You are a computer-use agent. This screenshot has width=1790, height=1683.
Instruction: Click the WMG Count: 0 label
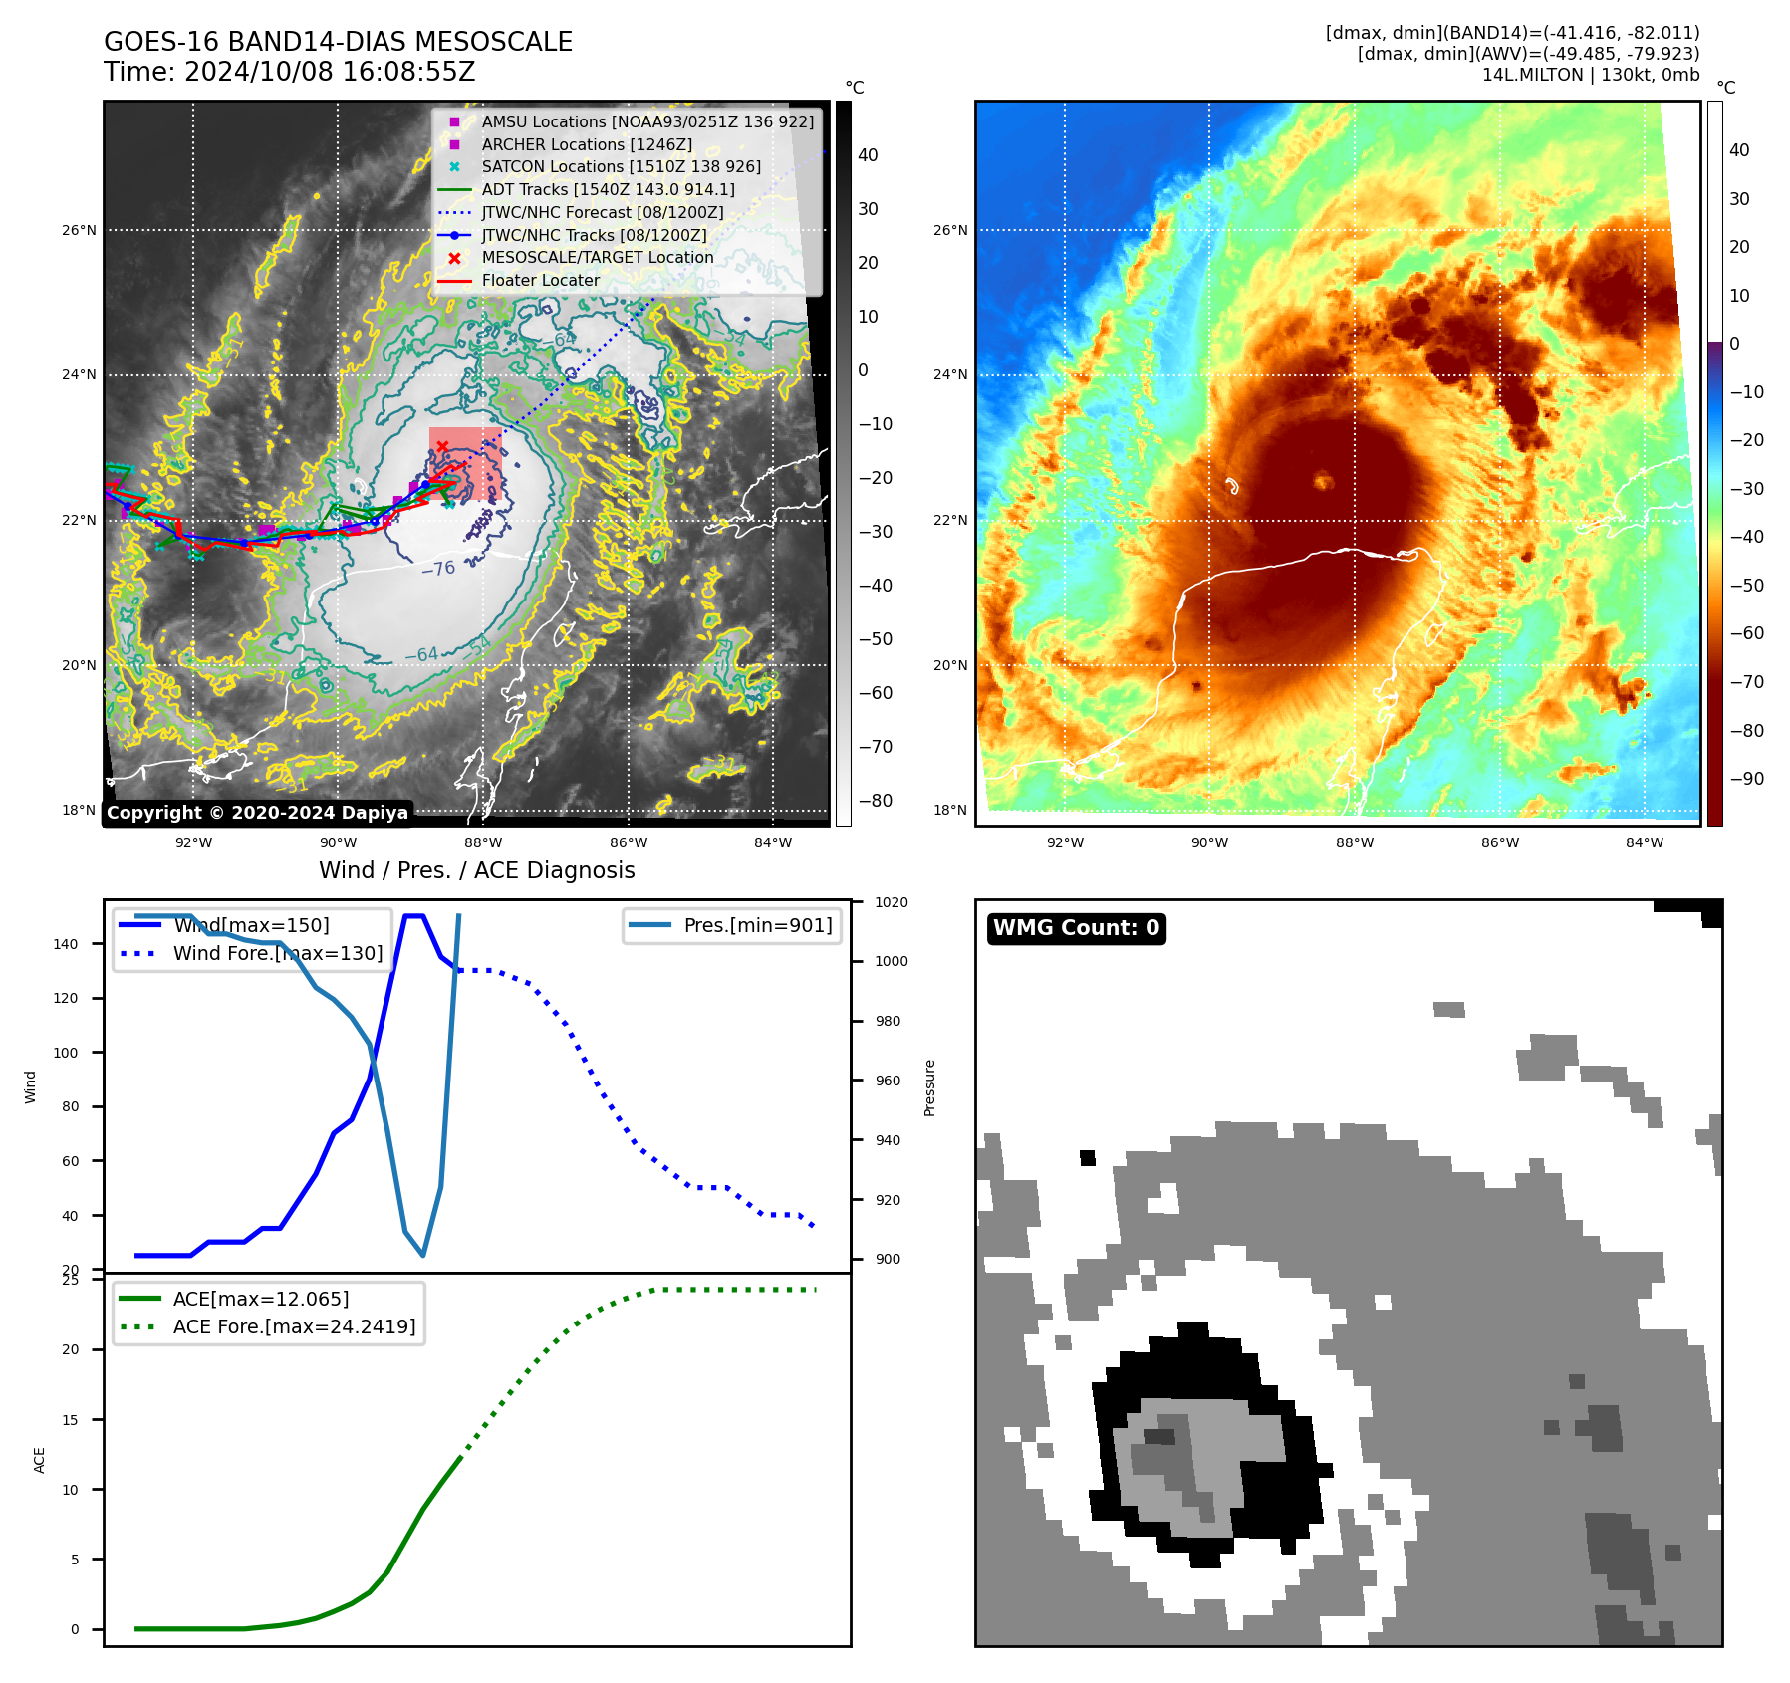(1076, 928)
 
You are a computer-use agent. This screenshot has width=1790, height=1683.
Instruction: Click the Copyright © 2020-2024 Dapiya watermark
(257, 813)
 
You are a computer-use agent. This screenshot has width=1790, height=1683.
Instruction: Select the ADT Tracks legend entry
(608, 189)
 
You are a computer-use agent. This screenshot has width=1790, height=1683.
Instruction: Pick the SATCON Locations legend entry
(621, 166)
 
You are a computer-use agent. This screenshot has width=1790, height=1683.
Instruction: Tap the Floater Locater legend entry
(540, 281)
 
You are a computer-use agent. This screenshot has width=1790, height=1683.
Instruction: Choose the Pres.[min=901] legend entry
(757, 925)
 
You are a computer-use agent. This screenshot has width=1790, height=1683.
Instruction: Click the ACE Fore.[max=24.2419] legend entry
(294, 1326)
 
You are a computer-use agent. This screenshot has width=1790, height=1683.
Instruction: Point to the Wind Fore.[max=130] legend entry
(277, 953)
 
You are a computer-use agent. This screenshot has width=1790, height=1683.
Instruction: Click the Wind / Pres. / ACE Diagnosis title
(476, 870)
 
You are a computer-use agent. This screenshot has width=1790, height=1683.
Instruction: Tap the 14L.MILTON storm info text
(1590, 75)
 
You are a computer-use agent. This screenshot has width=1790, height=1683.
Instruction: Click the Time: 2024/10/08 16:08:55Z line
(289, 72)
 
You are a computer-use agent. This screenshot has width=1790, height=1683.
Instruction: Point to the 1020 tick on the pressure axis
(891, 902)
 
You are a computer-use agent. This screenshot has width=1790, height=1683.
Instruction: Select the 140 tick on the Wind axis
(66, 944)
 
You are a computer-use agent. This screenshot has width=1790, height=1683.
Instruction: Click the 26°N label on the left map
(80, 230)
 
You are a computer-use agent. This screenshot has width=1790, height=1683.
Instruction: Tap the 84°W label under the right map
(1644, 842)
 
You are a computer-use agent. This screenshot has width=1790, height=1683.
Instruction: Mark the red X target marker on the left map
(442, 446)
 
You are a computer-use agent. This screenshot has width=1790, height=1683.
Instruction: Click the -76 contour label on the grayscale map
(438, 569)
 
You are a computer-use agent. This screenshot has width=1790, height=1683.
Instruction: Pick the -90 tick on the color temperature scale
(1746, 779)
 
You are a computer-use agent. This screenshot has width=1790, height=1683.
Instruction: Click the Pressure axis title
(929, 1087)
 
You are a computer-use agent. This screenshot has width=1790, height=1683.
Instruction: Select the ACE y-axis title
(40, 1460)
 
